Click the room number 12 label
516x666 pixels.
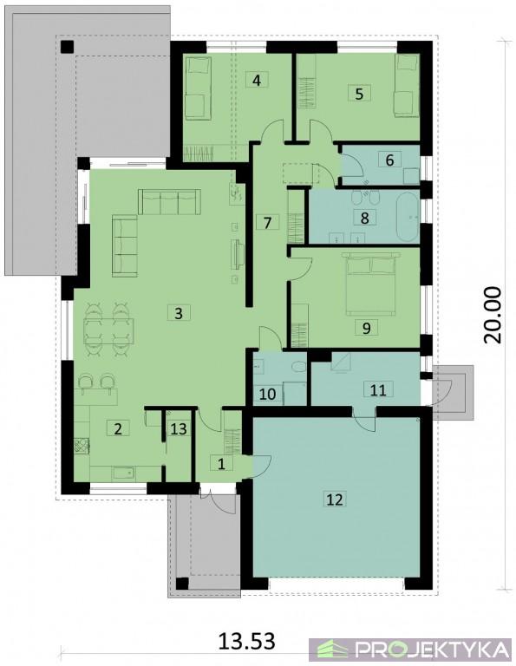[x=334, y=499]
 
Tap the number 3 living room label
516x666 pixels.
[x=179, y=313]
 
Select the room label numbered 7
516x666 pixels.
[x=267, y=222]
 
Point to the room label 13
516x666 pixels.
[x=179, y=428]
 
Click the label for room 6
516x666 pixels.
[x=390, y=160]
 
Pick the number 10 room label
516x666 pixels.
[x=268, y=394]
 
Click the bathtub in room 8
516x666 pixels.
[x=408, y=218]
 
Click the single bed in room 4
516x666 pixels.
[x=199, y=88]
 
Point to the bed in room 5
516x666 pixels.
[x=407, y=85]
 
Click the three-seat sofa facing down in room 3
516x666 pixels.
[x=169, y=202]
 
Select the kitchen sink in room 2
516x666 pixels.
[x=124, y=473]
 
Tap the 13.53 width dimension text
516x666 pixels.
[x=247, y=640]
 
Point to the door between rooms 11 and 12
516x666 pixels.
[x=364, y=419]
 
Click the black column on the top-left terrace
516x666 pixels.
[x=68, y=46]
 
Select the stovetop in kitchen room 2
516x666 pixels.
[x=82, y=446]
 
